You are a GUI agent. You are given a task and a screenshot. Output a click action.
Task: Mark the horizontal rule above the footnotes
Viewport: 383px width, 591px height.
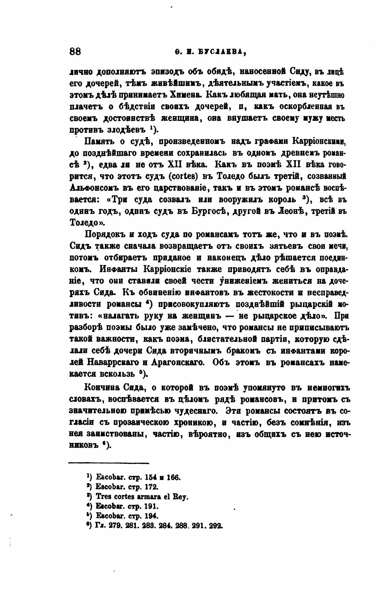tap(108, 463)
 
